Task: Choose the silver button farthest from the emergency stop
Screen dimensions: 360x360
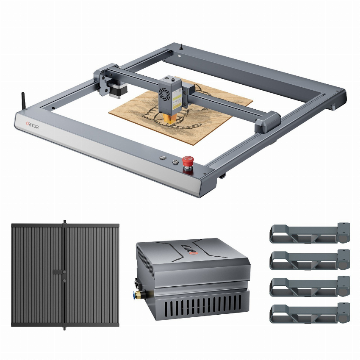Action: [x=163, y=158]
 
